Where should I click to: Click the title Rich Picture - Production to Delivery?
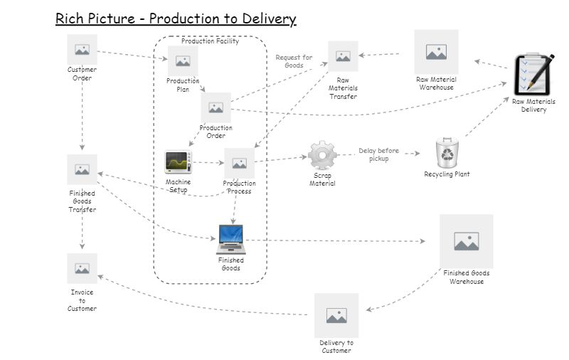pos(176,18)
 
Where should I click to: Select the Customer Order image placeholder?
pos(82,49)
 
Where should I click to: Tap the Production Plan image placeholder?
pos(183,61)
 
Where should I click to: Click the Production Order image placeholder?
pos(216,107)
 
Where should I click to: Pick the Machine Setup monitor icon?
pos(178,162)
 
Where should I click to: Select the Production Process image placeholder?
pos(239,163)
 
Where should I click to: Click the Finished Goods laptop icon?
pos(230,240)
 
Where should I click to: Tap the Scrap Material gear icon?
pos(322,155)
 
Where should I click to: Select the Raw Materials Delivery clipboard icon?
pos(533,74)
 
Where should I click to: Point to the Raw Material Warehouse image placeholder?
pos(436,51)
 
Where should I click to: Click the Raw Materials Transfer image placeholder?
pos(343,56)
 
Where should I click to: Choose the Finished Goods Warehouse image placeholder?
pos(466,241)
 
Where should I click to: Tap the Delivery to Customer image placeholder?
pos(336,315)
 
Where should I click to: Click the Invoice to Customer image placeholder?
pos(82,268)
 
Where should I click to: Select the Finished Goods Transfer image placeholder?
pos(82,169)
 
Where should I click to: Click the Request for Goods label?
pos(294,61)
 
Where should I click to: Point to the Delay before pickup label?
pos(378,154)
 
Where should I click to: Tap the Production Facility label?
pos(210,41)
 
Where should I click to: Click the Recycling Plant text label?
pos(447,174)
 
